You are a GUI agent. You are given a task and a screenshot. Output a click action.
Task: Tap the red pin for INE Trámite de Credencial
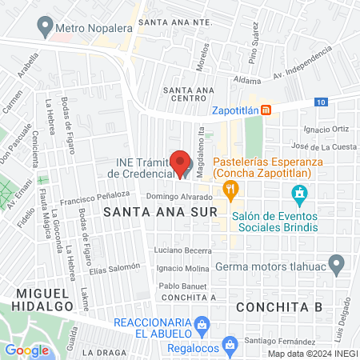point(182,162)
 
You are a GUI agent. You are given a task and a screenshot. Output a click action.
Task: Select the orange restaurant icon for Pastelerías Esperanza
point(231,189)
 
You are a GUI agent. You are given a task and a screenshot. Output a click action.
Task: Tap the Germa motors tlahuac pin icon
point(338,262)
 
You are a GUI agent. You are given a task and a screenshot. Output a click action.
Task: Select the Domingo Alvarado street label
point(174,197)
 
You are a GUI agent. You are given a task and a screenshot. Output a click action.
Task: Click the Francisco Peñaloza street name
point(98,194)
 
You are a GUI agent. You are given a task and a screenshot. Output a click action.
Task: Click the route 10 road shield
point(320,102)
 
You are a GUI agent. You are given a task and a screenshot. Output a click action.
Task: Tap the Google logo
point(26,350)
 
